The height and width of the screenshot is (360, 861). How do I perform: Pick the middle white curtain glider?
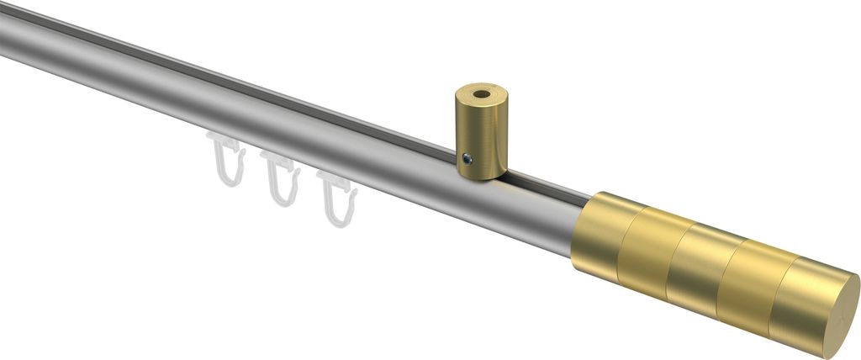pos(280,179)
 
